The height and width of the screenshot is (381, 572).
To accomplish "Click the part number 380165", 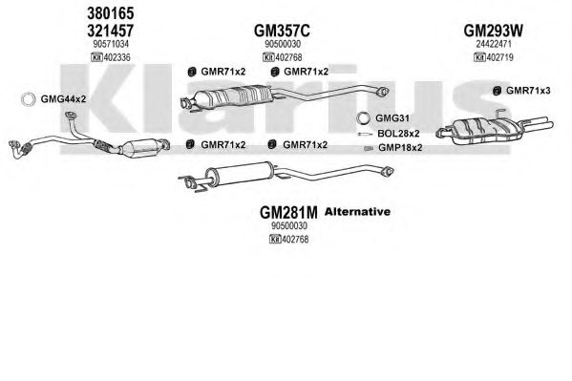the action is click(110, 13).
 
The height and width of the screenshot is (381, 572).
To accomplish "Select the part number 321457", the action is click(110, 31).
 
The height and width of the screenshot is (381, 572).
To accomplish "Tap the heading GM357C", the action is click(282, 31).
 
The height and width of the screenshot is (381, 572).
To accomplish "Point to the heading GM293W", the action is click(493, 31).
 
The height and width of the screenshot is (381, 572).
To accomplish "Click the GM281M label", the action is click(288, 212).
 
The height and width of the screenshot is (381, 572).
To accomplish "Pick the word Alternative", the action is click(357, 212).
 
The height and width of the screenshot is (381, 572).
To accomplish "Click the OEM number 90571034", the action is click(111, 44).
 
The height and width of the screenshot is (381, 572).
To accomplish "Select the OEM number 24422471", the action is click(494, 44).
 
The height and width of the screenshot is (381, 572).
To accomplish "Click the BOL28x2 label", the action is click(398, 134).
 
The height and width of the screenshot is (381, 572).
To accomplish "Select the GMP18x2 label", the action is click(400, 148).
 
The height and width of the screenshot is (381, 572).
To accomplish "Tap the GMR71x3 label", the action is click(528, 91).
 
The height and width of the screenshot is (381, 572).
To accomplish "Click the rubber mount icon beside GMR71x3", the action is click(497, 91).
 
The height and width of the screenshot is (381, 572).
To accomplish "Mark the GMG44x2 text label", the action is click(63, 99).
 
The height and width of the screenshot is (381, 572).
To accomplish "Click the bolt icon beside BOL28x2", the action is click(365, 135).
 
